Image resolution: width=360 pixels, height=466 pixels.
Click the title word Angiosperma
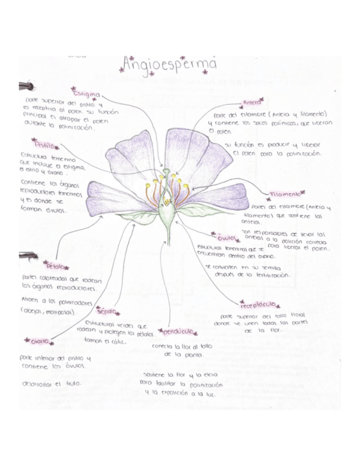tap(169, 64)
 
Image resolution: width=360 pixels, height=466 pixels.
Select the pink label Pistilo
tap(46, 146)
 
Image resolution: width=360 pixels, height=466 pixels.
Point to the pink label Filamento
tap(285, 195)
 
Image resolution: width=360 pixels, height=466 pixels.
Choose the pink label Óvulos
tap(228, 238)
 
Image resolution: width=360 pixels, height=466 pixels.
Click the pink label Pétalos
tap(57, 266)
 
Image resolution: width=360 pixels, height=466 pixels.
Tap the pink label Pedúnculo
tap(177, 332)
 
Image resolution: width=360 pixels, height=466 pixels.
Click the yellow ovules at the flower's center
tap(167, 203)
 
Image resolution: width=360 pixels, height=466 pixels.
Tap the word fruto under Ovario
tap(73, 384)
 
